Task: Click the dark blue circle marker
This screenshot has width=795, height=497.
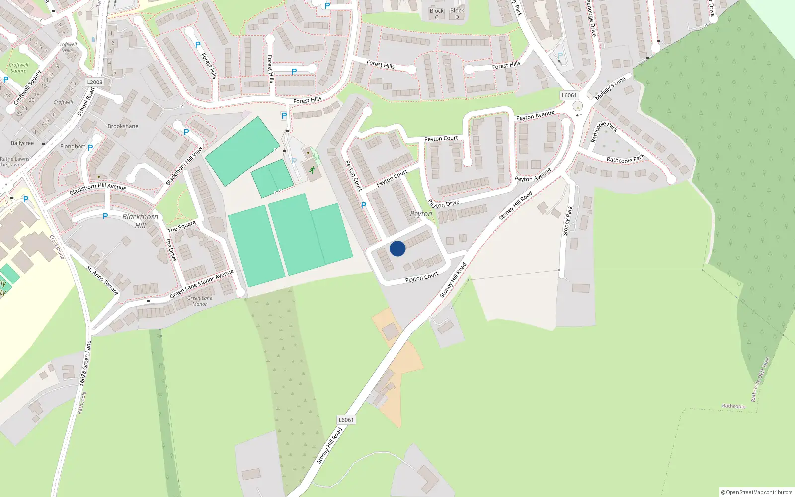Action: point(397,248)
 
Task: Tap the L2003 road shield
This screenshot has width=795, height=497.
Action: point(94,82)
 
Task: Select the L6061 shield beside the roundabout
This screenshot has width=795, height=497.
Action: point(569,95)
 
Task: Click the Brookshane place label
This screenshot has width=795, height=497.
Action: point(123,126)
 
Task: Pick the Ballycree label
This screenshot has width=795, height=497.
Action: point(22,143)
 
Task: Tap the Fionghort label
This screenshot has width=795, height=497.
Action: point(73,147)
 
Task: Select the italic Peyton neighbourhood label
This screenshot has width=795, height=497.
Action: point(421,214)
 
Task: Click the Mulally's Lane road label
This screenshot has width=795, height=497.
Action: point(610,88)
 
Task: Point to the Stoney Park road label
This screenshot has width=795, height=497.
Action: point(567,221)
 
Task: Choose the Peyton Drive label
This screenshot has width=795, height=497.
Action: point(444,204)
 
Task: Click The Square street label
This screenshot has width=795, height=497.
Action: point(182,227)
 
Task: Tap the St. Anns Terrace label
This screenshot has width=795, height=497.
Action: point(103,280)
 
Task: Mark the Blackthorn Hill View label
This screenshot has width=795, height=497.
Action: point(184,166)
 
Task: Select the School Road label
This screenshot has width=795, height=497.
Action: point(86,102)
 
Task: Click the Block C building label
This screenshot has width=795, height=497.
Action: point(437,14)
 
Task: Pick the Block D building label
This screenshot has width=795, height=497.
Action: point(457,14)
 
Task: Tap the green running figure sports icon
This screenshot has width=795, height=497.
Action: point(312,170)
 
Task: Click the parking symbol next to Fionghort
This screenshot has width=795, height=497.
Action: point(90,148)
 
